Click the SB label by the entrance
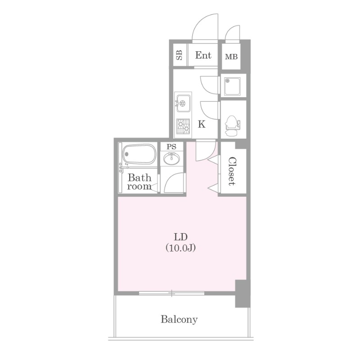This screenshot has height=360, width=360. tap(179, 55)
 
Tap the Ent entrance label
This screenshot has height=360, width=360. tap(203, 55)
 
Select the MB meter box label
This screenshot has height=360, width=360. tap(231, 57)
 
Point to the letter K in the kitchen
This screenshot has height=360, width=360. tap(202, 124)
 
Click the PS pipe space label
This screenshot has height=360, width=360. tap(171, 147)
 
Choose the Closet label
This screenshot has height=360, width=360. tap(232, 171)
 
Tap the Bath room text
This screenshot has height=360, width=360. tap(139, 182)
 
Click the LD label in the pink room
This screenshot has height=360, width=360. tap(181, 237)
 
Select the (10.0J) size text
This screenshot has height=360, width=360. tap(181, 248)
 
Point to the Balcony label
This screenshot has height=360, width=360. tap(179, 319)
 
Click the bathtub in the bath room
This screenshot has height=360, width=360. tap(139, 154)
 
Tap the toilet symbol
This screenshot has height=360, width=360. tap(232, 126)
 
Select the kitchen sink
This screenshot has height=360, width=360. tap(183, 103)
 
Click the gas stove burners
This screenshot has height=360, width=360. tap(183, 126)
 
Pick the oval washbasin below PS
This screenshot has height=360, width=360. tap(171, 159)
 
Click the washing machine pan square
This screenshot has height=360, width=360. tap(232, 86)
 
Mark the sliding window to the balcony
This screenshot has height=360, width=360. tap(171, 293)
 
